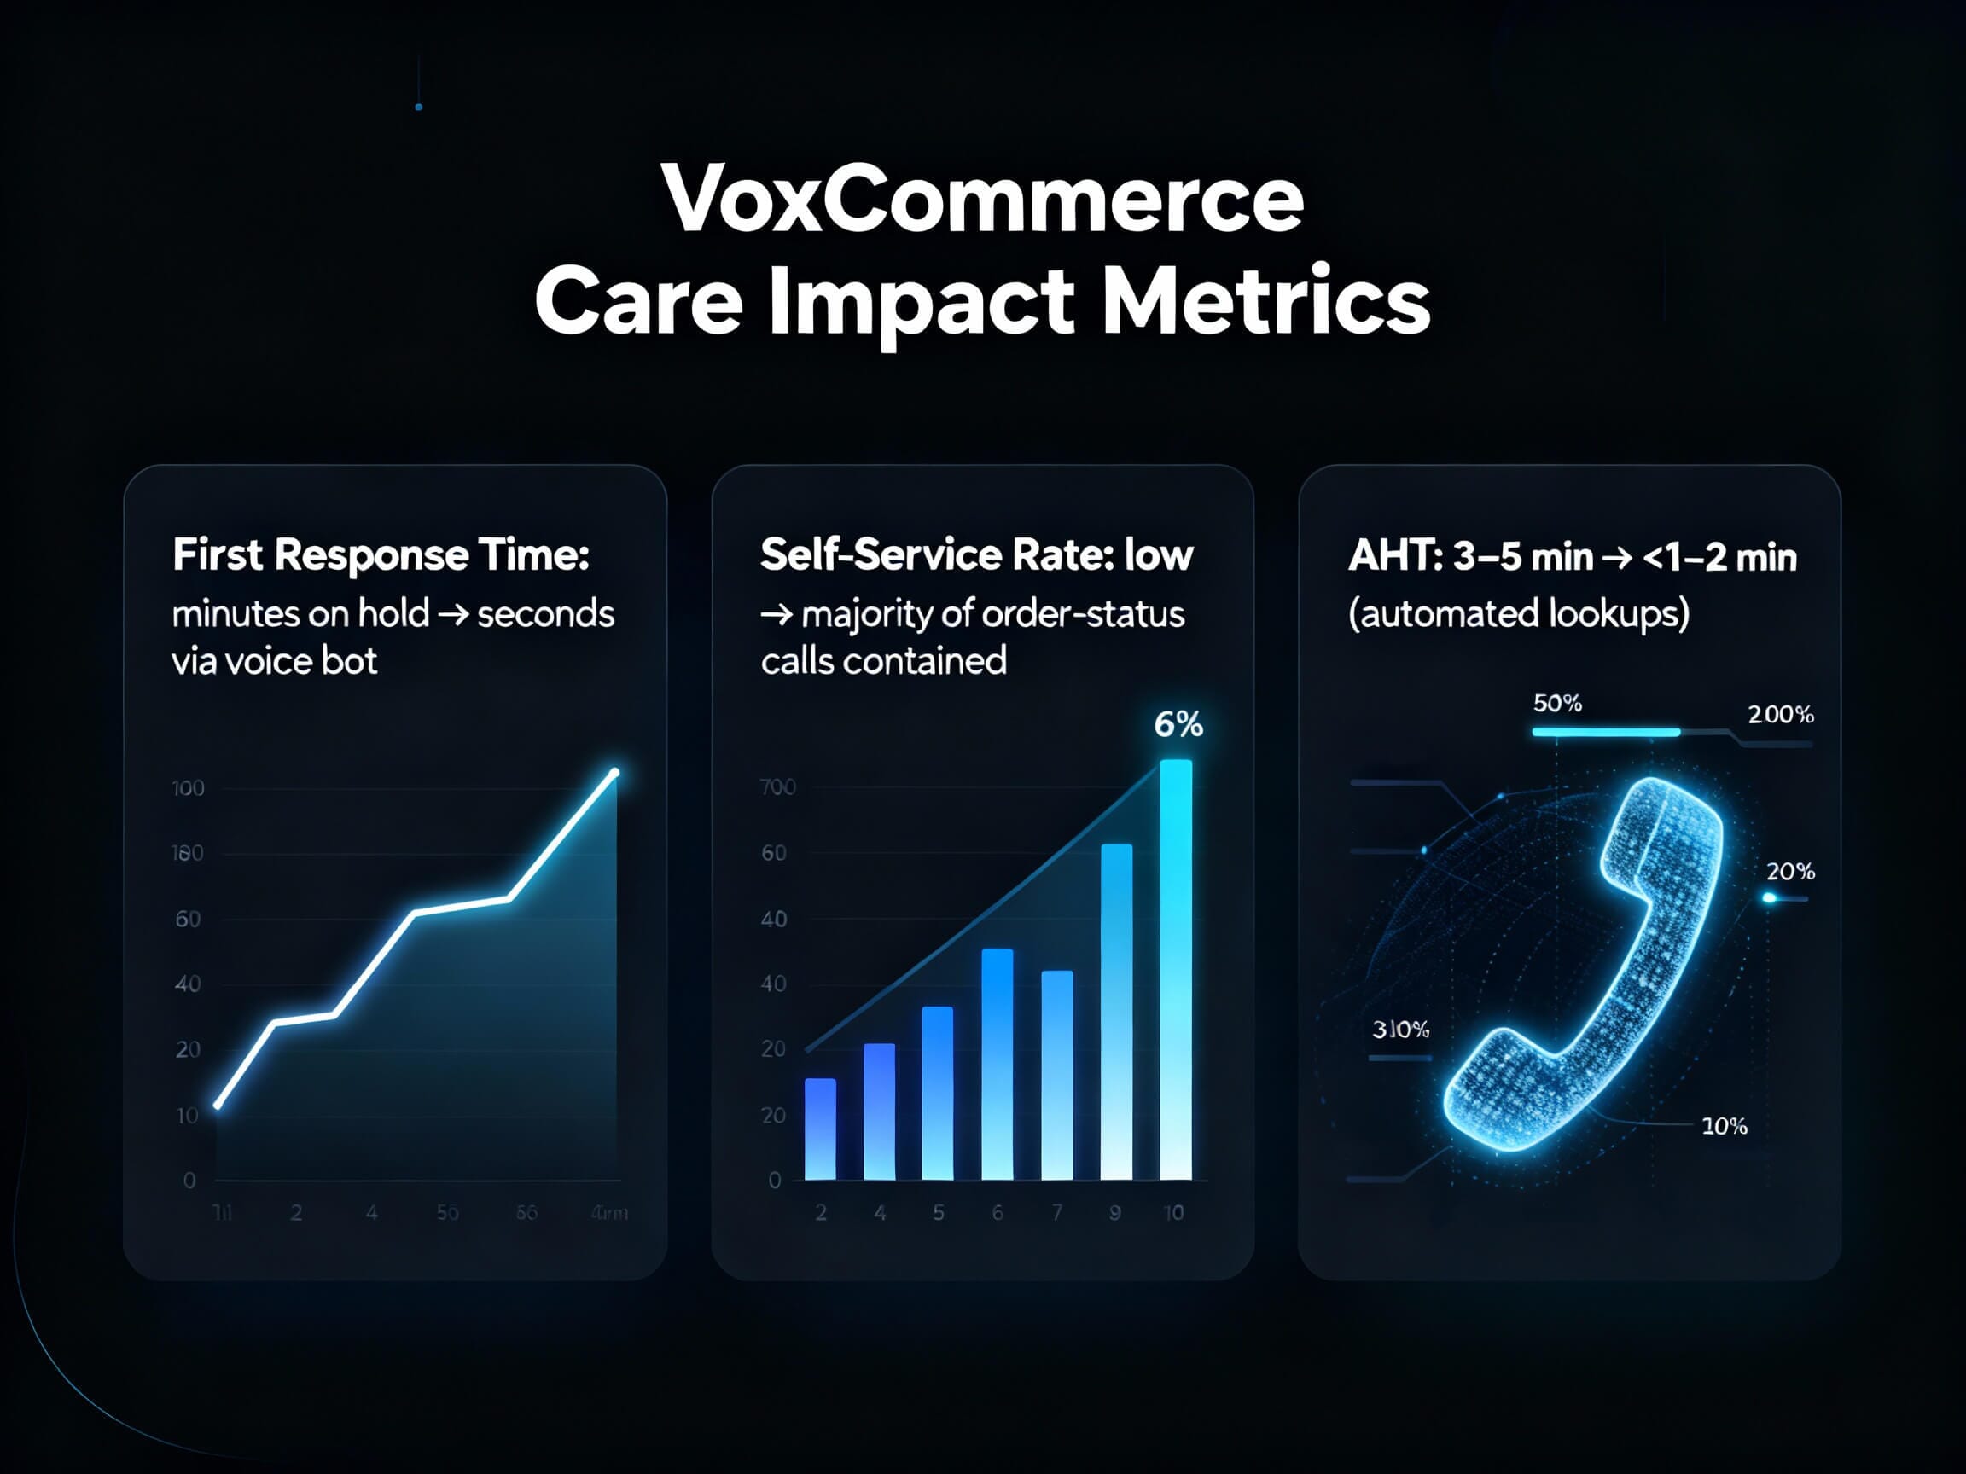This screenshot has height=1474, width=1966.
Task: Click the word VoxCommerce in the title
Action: pyautogui.click(x=982, y=199)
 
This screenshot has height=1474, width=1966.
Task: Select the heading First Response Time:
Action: pyautogui.click(x=381, y=555)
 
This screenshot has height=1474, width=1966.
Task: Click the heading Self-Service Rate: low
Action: pyautogui.click(x=976, y=555)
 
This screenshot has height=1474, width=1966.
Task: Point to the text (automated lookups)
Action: pyautogui.click(x=1518, y=614)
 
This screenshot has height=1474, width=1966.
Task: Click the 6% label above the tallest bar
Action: pyautogui.click(x=1178, y=725)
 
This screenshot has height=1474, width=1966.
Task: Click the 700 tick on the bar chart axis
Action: pyautogui.click(x=777, y=787)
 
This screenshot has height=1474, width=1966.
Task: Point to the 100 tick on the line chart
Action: pyautogui.click(x=188, y=788)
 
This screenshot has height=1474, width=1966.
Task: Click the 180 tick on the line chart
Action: pyautogui.click(x=187, y=854)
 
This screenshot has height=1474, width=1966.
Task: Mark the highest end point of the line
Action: pyautogui.click(x=614, y=773)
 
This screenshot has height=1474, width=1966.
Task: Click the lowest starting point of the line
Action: pyautogui.click(x=217, y=1105)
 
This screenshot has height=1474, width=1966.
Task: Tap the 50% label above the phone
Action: pyautogui.click(x=1557, y=704)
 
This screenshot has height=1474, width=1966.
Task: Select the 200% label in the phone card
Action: pyautogui.click(x=1780, y=715)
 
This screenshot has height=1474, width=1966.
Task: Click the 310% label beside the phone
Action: pyautogui.click(x=1401, y=1030)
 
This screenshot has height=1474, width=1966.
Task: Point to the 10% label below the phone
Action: pyautogui.click(x=1724, y=1127)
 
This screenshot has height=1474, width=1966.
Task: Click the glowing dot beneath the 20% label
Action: pyautogui.click(x=1769, y=898)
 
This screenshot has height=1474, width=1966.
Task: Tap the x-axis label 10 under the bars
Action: pyautogui.click(x=1173, y=1213)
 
